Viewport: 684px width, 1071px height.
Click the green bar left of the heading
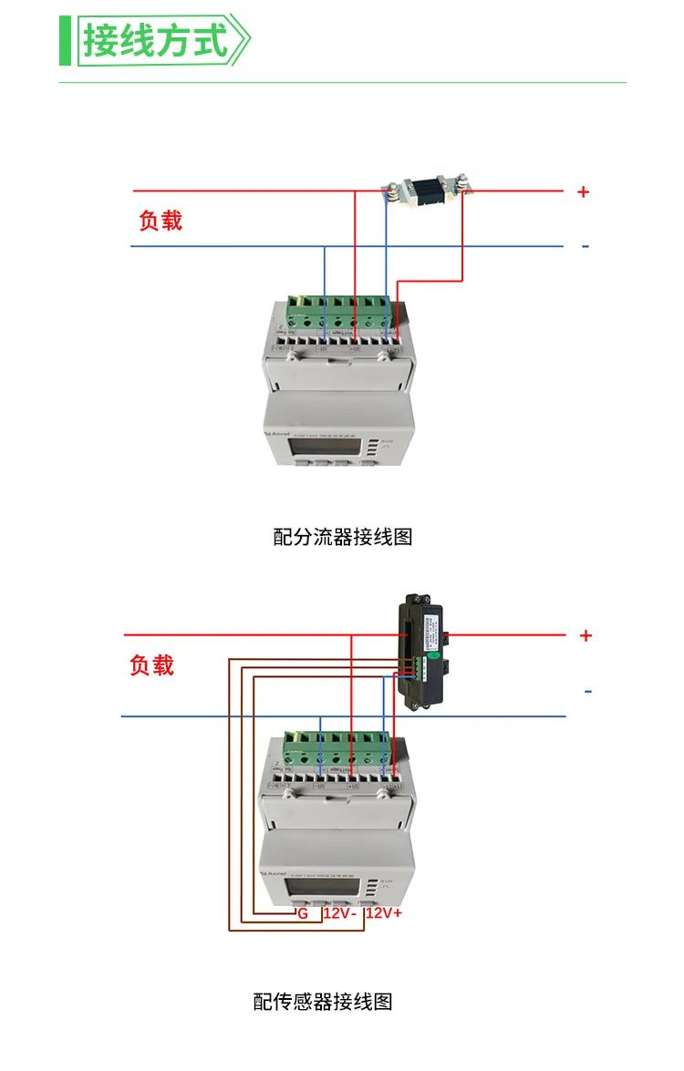tap(65, 41)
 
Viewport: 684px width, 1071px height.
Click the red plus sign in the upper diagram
tap(584, 191)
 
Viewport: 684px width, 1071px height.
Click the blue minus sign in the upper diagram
tap(585, 246)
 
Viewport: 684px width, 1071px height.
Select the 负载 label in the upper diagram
tap(161, 221)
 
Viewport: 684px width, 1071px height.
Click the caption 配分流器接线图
tap(343, 537)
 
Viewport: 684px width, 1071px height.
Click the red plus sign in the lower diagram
tap(586, 635)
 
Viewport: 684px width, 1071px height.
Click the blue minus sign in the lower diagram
tap(587, 692)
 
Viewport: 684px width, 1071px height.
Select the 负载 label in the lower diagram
tap(151, 666)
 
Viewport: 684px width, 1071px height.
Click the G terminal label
tap(303, 912)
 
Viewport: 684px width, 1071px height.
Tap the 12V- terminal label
tap(338, 912)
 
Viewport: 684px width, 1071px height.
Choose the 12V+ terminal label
tap(384, 912)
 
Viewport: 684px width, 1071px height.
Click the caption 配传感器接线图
tap(323, 1002)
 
